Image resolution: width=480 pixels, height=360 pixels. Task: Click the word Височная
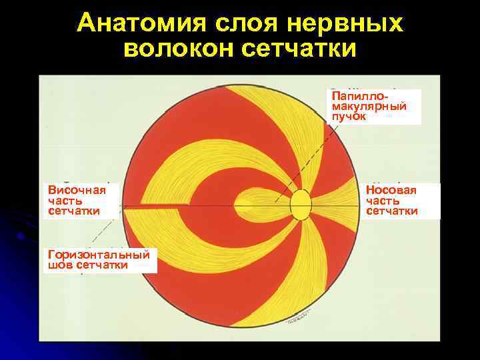77,191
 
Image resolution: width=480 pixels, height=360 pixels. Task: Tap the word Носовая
391,191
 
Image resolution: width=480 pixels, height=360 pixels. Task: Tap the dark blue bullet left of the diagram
22,235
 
